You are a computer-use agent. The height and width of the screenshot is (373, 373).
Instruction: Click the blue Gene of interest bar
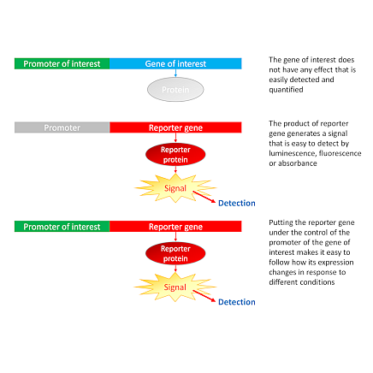coord(175,63)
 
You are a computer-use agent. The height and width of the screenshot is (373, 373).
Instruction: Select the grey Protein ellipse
coord(175,90)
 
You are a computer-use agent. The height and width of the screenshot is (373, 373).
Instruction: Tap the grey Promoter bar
coord(62,127)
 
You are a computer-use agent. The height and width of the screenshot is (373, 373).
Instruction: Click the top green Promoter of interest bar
coord(62,63)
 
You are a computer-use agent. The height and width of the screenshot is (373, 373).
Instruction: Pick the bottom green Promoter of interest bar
coord(62,227)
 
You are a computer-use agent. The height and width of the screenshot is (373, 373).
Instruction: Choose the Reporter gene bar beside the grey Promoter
coord(175,127)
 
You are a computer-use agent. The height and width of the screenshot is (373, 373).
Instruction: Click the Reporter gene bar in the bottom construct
coord(175,227)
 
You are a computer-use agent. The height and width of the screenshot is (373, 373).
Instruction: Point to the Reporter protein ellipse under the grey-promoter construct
coord(175,155)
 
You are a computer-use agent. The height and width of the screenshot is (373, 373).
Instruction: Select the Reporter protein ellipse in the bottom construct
coord(175,253)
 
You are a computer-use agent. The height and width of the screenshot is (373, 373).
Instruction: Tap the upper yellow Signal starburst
coord(175,188)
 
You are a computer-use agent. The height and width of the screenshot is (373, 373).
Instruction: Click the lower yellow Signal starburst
coord(175,287)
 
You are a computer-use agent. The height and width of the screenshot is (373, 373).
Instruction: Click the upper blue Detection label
coord(237,203)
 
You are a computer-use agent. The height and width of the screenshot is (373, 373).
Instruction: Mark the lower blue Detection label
coord(237,302)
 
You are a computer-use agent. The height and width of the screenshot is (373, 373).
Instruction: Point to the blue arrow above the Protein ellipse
coord(175,74)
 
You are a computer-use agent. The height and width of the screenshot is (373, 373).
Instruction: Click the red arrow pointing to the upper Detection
coord(204,197)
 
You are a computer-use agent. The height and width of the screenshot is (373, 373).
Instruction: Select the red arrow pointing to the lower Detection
coord(204,296)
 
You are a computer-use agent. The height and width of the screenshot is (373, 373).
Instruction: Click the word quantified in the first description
coord(286,90)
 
